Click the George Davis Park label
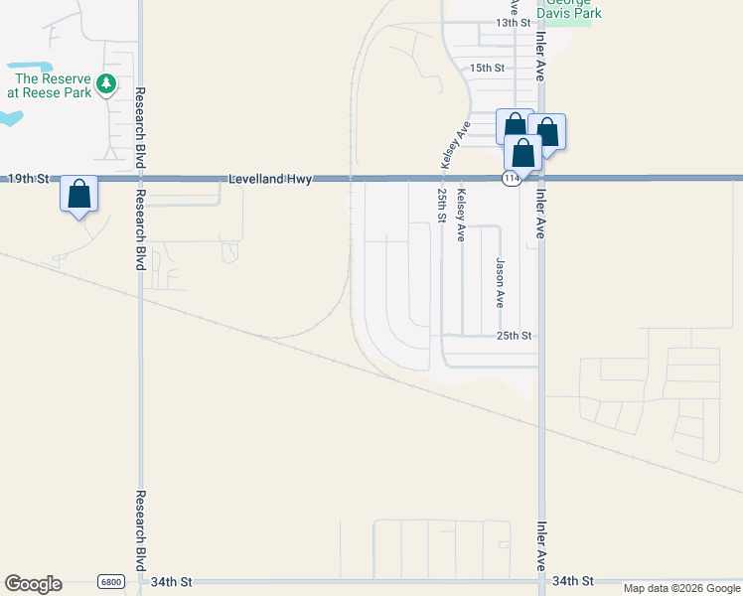pos(569,11)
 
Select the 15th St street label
pos(488,68)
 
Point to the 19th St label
pos(28,179)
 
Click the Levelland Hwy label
pos(270,179)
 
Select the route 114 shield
pos(511,179)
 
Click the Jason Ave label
pos(501,282)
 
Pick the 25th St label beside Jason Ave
pos(515,336)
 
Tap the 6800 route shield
pos(112,581)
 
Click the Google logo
pos(33,584)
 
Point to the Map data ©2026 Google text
pos(681,588)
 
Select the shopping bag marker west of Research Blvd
pos(79,193)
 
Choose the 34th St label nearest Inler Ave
pos(572,580)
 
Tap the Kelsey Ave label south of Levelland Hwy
pos(460,217)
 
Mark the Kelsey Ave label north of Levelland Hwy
pos(462,144)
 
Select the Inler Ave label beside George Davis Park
pos(540,55)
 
